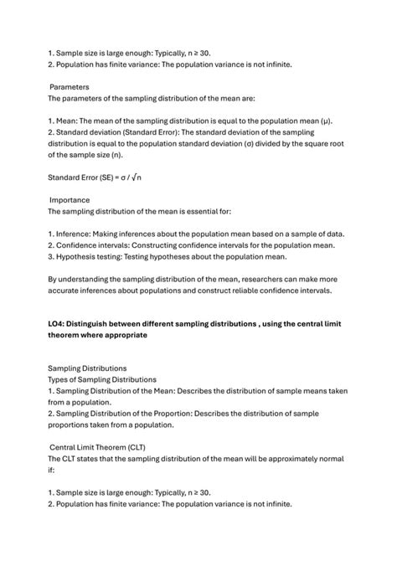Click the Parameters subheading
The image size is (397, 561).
click(70, 86)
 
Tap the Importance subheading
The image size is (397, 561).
click(70, 200)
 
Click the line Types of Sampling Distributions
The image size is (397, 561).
click(101, 379)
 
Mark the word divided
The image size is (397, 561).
click(277, 143)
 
